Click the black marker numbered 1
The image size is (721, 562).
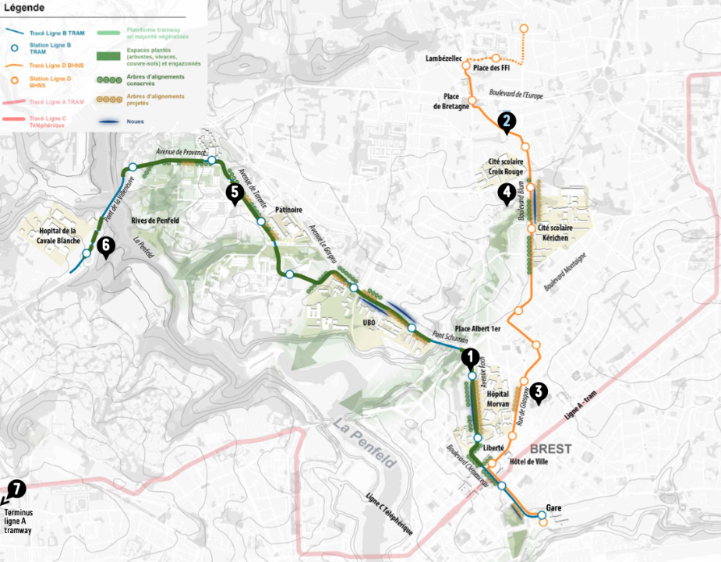point(470,358)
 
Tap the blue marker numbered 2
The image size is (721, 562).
point(507,122)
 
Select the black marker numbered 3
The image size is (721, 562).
point(539,394)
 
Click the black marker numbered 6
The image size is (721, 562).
point(106,246)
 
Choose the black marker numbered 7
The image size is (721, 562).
point(16,489)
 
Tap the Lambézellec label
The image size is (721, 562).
point(444,59)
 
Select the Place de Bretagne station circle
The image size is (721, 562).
point(472,100)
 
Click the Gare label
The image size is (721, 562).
point(553,508)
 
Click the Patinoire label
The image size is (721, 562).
point(288,210)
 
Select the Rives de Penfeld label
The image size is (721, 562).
point(157,220)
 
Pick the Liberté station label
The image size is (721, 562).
point(493,448)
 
